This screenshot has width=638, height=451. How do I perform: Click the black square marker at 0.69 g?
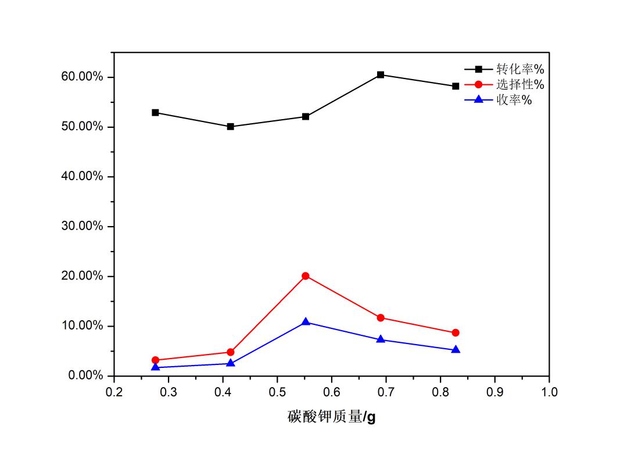tap(381, 74)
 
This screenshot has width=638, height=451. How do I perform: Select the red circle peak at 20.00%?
tap(306, 275)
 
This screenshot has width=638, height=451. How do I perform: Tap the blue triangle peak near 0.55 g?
tap(306, 322)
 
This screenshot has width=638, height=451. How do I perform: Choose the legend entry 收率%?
tap(514, 100)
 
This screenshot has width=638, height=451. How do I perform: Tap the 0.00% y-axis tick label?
tap(85, 375)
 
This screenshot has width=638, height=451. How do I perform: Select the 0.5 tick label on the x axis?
tap(277, 392)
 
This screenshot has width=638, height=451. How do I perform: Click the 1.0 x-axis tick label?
tap(549, 392)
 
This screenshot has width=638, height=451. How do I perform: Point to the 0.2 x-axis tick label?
tap(114, 392)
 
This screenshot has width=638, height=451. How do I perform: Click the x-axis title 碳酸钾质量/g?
tap(331, 417)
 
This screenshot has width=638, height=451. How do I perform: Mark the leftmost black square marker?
tap(155, 112)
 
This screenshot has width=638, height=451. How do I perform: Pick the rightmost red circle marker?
tap(456, 332)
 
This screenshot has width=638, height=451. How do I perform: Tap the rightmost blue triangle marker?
tap(456, 350)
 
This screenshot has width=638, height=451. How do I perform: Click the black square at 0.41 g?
tap(231, 126)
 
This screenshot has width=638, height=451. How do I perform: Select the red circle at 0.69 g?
tap(381, 318)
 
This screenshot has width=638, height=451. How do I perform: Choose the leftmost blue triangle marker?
tap(155, 367)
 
